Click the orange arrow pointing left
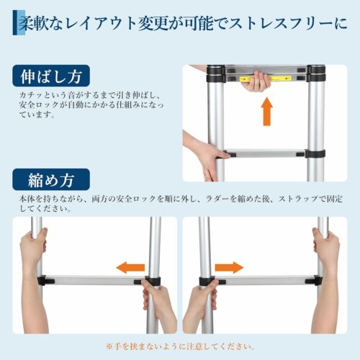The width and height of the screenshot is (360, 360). click(130, 268)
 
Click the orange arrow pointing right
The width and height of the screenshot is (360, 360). click(229, 267)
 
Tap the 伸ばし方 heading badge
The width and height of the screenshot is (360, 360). click(51, 76)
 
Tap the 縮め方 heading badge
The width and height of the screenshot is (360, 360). click(51, 180)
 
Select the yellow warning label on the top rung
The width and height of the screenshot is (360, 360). click(266, 78)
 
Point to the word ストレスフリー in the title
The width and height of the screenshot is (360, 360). click(280, 24)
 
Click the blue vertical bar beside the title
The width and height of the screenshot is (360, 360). click(16, 22)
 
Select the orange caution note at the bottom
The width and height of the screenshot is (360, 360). click(180, 346)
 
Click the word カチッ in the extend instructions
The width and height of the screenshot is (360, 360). click(32, 95)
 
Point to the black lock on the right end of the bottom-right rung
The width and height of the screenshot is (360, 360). click(314, 280)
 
